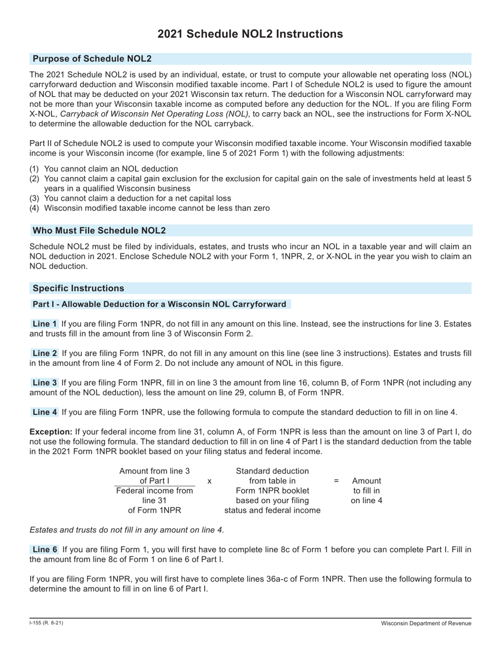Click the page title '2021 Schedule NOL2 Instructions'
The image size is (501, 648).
(x=250, y=34)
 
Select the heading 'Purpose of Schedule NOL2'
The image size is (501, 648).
(x=92, y=58)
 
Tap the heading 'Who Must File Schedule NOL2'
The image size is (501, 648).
(x=99, y=230)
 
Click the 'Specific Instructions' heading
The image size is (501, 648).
(x=78, y=288)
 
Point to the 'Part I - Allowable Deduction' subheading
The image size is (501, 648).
(x=159, y=304)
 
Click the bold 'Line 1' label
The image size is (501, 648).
(x=44, y=324)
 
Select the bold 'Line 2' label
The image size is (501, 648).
(x=44, y=353)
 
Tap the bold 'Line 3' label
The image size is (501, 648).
(x=44, y=382)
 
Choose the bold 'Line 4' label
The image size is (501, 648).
(x=44, y=412)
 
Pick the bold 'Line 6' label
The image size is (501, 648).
(x=44, y=549)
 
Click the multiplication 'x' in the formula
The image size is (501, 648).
(x=209, y=481)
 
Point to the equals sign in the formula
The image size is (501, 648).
(x=336, y=481)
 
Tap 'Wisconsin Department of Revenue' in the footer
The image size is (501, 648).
(x=426, y=624)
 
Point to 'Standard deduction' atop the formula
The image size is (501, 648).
(x=272, y=471)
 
